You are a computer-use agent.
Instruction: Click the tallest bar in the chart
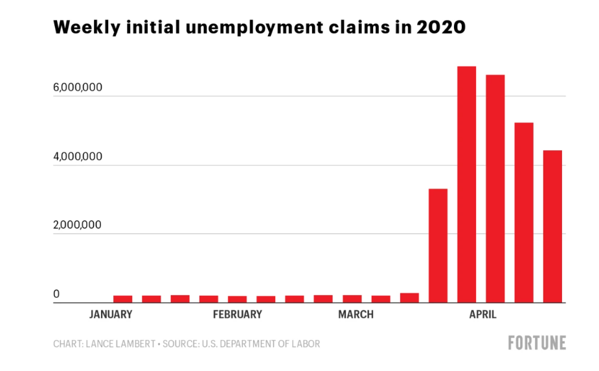click(466, 185)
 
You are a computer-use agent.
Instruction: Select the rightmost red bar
click(552, 226)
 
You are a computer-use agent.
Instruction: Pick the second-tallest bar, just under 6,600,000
click(495, 188)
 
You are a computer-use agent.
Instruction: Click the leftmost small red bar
click(123, 298)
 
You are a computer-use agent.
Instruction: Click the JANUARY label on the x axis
click(110, 315)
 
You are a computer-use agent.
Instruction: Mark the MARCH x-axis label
click(355, 315)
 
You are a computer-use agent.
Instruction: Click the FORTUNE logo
click(536, 343)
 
